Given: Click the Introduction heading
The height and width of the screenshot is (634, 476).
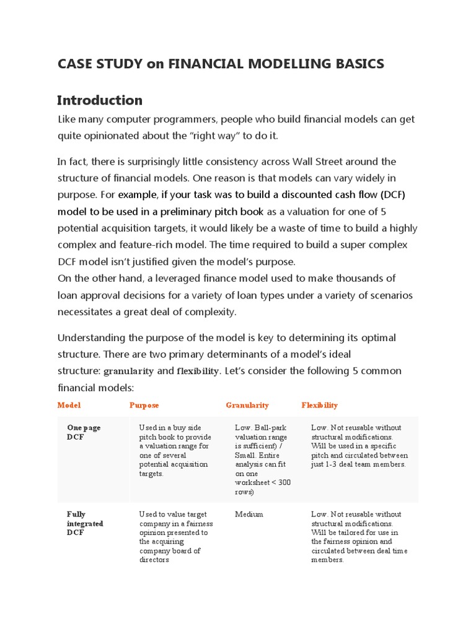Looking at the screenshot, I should pyautogui.click(x=100, y=100).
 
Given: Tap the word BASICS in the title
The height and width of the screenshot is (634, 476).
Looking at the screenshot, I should pyautogui.click(x=360, y=64).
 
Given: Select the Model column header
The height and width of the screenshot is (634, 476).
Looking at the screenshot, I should pyautogui.click(x=69, y=405).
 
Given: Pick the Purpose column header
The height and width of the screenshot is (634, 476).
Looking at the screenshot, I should pyautogui.click(x=144, y=405).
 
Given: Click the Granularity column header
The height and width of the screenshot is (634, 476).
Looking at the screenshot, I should pyautogui.click(x=247, y=405).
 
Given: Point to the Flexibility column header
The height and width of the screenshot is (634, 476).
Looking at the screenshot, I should pyautogui.click(x=320, y=405).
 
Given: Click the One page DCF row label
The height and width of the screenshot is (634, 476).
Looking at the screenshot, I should pyautogui.click(x=84, y=432).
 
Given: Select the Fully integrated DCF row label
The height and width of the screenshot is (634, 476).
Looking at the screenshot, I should pyautogui.click(x=85, y=523).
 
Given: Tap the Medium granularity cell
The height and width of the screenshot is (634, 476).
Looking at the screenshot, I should pyautogui.click(x=249, y=514).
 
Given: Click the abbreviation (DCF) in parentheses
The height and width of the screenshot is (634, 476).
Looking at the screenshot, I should pyautogui.click(x=390, y=194).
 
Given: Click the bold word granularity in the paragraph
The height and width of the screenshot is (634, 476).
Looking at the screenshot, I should pyautogui.click(x=128, y=371).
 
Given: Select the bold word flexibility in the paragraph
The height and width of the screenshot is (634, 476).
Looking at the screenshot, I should pyautogui.click(x=198, y=371).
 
